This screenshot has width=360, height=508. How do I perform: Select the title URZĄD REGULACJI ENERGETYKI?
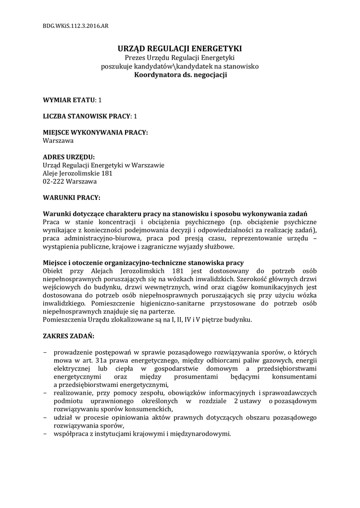[179, 49]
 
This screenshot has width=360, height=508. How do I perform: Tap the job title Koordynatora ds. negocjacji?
[180, 75]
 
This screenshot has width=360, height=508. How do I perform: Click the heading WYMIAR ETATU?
[69, 100]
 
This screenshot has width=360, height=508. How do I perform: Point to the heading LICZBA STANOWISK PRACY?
[86, 116]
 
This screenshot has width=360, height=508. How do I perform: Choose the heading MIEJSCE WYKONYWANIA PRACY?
[95, 132]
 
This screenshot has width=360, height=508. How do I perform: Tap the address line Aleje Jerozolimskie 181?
[78, 173]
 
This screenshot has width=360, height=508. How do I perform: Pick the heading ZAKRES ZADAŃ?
[69, 336]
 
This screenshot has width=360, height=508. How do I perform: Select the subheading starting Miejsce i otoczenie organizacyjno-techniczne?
[143, 262]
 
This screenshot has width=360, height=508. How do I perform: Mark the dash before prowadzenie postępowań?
[45, 352]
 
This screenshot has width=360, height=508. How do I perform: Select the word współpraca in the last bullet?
[71, 433]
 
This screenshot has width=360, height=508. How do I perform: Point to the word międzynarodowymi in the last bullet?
[202, 433]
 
